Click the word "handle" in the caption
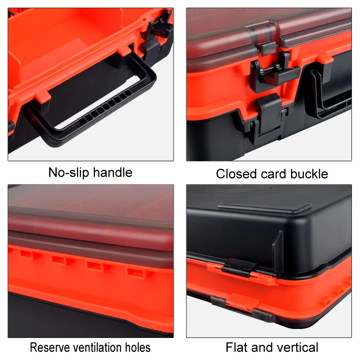[112, 172]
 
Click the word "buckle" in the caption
[309, 174]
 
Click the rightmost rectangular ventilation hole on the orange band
[134, 271]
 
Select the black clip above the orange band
[238, 267]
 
